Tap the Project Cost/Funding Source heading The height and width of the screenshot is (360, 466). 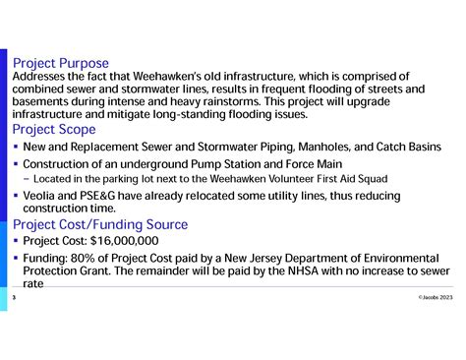[x=99, y=224]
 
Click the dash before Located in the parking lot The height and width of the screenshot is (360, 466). [x=26, y=179]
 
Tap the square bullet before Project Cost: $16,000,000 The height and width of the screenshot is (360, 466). [x=16, y=240]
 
